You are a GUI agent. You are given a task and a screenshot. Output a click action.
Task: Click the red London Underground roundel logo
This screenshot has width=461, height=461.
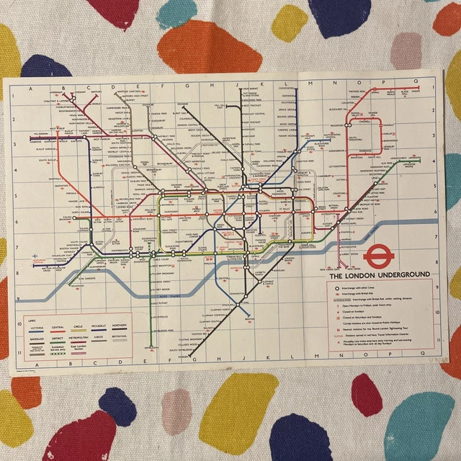375,256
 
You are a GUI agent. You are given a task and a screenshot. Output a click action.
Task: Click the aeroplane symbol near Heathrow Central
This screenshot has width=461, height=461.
35,256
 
